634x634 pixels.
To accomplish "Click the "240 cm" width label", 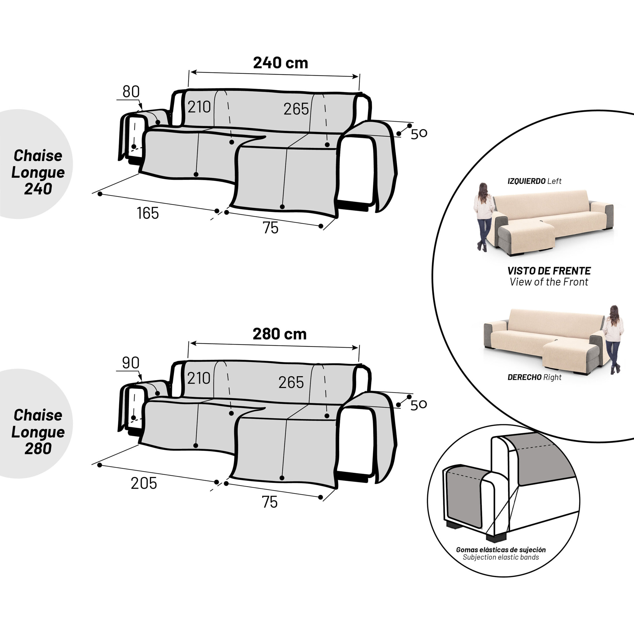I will coord(280,63).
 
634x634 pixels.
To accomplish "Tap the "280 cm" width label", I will coord(280,334).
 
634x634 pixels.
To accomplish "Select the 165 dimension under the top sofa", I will coord(148,213).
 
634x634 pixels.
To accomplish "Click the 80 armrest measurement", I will coord(131,92).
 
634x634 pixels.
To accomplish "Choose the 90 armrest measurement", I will coord(131,363).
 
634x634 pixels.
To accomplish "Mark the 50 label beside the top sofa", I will coord(419,133).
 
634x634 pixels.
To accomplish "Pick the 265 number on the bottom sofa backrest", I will coord(291,383).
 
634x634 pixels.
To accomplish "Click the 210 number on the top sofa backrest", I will coord(199,107).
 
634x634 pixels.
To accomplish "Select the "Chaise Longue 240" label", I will coord(38,172).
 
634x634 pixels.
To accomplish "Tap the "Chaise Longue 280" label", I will coord(38,432).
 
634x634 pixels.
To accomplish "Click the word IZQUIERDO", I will coord(526,181).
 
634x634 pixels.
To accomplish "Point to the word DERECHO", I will coord(524,377).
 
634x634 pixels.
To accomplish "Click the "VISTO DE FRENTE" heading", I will coord(549,271).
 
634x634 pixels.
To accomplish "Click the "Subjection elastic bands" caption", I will coord(501,557).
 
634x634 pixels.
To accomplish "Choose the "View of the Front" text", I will coord(549,282).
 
